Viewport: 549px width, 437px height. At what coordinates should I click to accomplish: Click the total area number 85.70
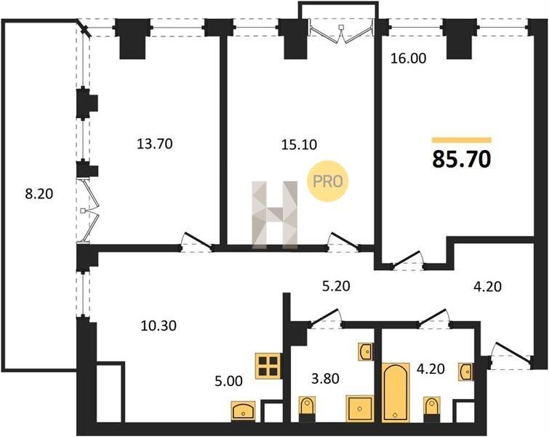[x=462, y=159]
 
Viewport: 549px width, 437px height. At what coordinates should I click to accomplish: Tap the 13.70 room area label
[x=155, y=143]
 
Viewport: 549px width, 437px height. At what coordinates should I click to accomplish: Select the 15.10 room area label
[x=300, y=144]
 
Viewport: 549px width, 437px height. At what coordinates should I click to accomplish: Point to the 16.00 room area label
[x=408, y=58]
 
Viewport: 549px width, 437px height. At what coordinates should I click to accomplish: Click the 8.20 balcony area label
[x=39, y=194]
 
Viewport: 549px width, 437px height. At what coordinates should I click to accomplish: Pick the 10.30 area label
[x=159, y=326]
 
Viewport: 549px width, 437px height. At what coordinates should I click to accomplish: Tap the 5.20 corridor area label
[x=336, y=286]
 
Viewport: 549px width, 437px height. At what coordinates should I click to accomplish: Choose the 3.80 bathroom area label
[x=326, y=379]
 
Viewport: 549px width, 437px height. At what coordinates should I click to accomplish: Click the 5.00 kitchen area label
[x=228, y=380]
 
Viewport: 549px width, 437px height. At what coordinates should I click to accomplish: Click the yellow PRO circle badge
[x=328, y=181]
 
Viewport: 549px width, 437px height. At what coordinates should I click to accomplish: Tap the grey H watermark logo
[x=275, y=215]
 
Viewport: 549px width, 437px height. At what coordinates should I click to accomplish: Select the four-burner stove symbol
[x=269, y=366]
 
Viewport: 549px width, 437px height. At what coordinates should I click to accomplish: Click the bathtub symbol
[x=396, y=392]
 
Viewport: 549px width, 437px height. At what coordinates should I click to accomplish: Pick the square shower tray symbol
[x=360, y=409]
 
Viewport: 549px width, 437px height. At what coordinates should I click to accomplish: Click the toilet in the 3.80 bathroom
[x=308, y=409]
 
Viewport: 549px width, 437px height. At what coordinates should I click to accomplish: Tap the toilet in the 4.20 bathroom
[x=431, y=409]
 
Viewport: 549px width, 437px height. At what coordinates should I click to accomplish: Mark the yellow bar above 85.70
[x=462, y=141]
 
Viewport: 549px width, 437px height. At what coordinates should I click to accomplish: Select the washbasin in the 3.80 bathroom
[x=365, y=352]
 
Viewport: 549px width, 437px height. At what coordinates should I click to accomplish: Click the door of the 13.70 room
[x=196, y=243]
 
